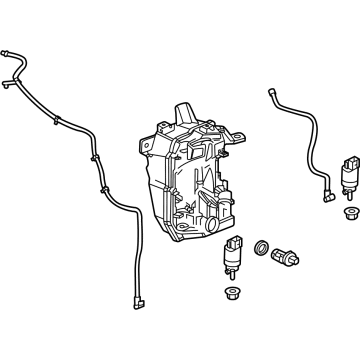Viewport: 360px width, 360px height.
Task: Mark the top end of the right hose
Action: click(271, 93)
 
